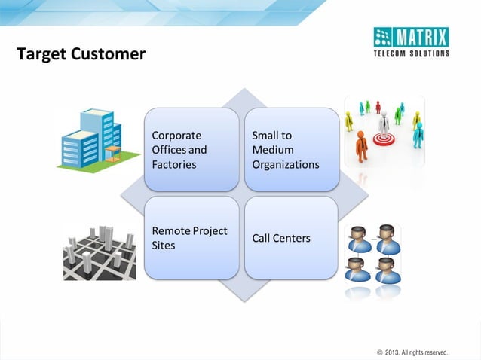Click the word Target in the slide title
[38, 55]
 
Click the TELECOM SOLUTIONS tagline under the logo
[412, 53]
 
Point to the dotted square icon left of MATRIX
[384, 37]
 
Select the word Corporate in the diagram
[176, 136]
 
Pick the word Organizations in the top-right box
[285, 164]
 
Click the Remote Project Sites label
[189, 238]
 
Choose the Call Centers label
[280, 238]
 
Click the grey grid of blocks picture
[100, 252]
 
